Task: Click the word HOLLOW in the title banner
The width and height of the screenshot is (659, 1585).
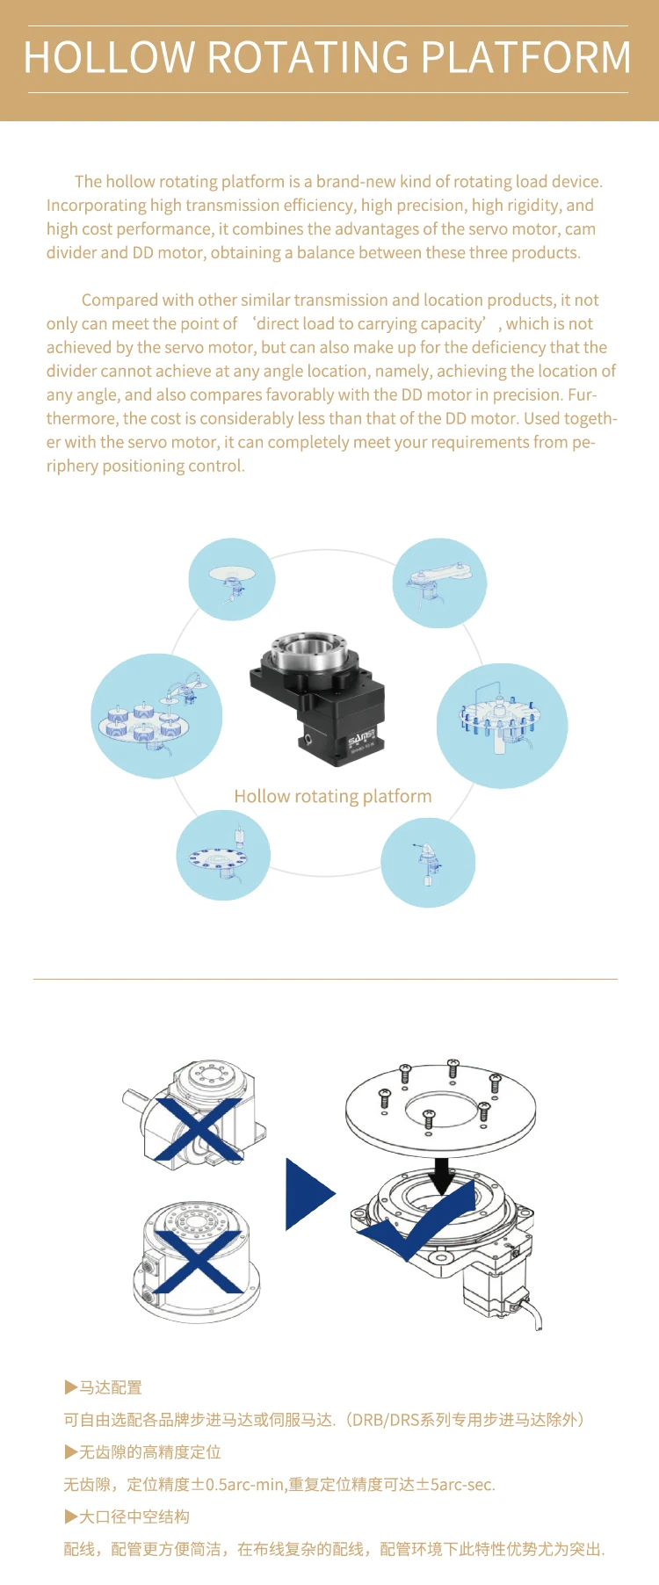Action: click(110, 58)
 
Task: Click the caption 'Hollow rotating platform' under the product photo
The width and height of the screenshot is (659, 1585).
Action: click(332, 797)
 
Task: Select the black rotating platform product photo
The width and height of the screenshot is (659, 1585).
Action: click(318, 692)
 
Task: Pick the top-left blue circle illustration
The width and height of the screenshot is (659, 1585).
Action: click(232, 580)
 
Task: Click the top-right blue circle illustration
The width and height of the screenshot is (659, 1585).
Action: click(439, 583)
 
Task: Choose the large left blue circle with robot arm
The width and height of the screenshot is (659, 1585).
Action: click(156, 716)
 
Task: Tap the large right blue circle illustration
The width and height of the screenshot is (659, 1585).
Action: click(502, 726)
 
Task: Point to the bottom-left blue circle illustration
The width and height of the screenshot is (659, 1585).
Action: click(223, 855)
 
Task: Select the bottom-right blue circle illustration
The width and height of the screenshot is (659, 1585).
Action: click(428, 863)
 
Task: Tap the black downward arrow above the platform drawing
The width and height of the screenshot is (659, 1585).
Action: click(443, 1175)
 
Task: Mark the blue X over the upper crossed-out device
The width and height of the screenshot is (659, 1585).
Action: click(199, 1130)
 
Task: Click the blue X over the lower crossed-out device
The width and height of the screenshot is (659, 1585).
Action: click(199, 1261)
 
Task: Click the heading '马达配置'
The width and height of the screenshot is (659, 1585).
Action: click(110, 1388)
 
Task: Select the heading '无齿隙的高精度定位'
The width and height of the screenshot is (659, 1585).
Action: click(149, 1452)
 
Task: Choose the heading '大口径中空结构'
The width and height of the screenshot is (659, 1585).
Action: click(134, 1516)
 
